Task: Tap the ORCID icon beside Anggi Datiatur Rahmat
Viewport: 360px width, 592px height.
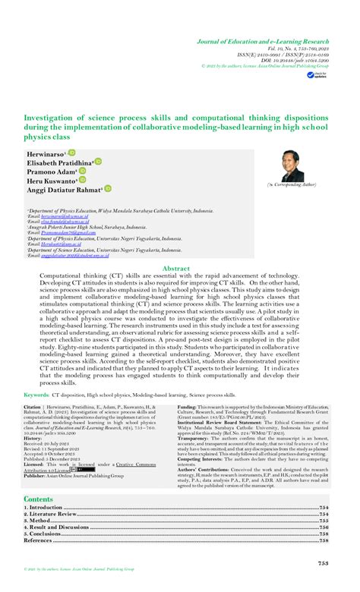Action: (108, 190)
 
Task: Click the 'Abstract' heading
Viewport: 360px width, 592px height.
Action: (176, 269)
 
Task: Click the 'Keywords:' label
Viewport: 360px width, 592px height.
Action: (37, 395)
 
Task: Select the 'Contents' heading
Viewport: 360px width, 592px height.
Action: (39, 499)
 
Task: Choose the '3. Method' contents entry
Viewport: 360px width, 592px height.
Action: (36, 521)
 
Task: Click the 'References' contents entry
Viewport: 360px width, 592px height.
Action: (38, 540)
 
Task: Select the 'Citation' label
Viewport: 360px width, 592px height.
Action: (36, 407)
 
